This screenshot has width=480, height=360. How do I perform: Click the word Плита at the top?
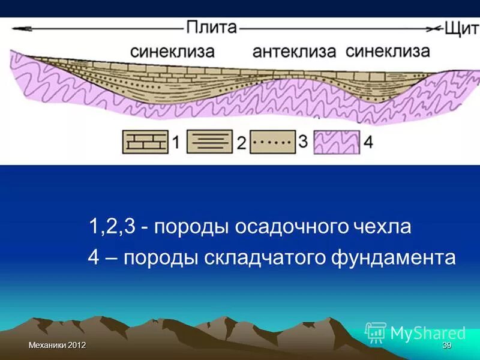[212, 28]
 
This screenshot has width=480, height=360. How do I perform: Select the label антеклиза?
[294, 51]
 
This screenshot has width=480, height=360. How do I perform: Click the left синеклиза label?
[172, 51]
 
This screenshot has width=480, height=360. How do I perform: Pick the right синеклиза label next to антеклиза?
[388, 51]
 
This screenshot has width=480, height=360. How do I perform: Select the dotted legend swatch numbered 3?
[272, 143]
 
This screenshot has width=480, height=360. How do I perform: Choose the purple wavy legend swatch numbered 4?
[337, 143]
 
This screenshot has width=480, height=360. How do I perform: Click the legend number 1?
[176, 143]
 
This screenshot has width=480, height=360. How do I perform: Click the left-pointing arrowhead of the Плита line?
[18, 28]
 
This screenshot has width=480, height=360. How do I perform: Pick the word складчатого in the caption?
[261, 257]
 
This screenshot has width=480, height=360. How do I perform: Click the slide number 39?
[446, 346]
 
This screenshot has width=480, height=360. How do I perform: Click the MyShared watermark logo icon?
[376, 332]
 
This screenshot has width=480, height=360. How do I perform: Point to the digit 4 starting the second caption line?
[94, 257]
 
